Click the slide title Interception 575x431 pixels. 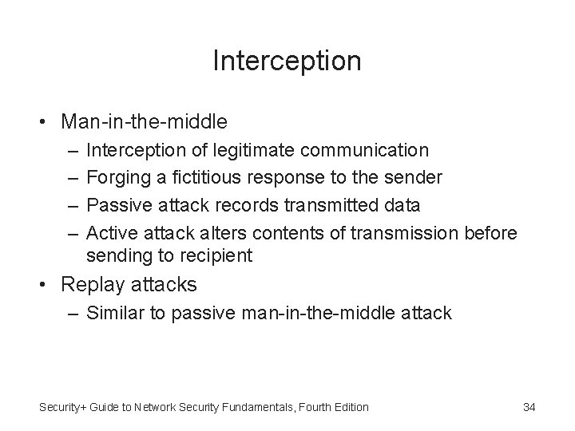(287, 61)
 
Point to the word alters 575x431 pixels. (214, 233)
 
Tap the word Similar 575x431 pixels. (117, 314)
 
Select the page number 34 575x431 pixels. (529, 407)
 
